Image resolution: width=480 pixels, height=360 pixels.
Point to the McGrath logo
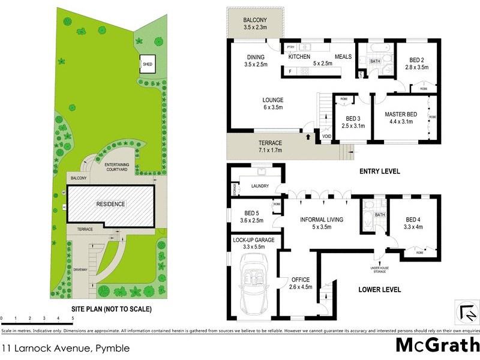coord(437,345)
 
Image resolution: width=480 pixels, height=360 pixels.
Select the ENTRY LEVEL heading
coord(379,172)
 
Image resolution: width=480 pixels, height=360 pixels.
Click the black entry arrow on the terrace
coord(309,136)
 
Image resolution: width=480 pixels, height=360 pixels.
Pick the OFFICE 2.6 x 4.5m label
coord(300,283)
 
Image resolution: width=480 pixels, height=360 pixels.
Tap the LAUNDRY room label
coord(260,187)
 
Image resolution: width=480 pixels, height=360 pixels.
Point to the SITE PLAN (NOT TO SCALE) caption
coord(104,310)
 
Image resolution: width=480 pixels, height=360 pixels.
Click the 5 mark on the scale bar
coord(73,318)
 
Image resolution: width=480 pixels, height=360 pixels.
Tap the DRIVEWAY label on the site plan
coord(80,269)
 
